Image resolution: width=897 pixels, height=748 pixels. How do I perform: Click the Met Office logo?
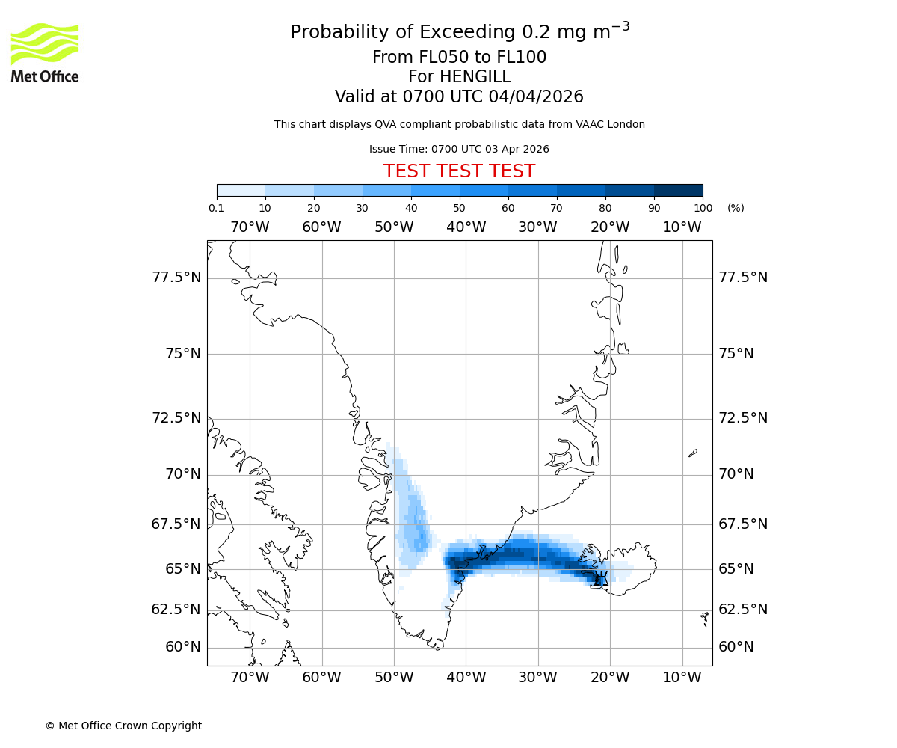click(x=45, y=52)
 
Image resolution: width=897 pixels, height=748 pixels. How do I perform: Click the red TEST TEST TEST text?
click(x=459, y=171)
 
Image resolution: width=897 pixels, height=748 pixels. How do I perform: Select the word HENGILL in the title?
click(x=474, y=77)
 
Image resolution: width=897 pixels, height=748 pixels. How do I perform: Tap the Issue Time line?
click(x=459, y=149)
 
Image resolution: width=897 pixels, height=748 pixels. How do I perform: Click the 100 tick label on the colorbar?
click(x=703, y=208)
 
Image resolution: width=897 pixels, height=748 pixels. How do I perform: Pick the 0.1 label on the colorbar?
click(x=216, y=208)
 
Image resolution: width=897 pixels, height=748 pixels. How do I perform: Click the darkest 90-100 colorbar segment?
click(x=678, y=190)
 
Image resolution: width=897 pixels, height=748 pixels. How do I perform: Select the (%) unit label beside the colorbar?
click(x=736, y=208)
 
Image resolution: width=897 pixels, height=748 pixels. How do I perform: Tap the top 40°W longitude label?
click(x=466, y=227)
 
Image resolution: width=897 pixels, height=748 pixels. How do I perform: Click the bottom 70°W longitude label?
click(x=250, y=678)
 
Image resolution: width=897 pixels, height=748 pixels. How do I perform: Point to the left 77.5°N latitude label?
click(x=176, y=278)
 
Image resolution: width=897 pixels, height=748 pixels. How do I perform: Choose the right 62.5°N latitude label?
click(x=743, y=610)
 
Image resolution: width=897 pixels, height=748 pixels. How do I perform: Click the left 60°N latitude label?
click(x=182, y=647)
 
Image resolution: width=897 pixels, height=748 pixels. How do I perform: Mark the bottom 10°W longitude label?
click(x=682, y=678)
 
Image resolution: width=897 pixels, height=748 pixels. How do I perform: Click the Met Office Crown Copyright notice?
click(x=123, y=726)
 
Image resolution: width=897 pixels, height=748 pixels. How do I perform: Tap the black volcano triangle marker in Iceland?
click(x=601, y=580)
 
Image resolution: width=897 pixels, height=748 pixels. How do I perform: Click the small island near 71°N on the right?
click(x=693, y=453)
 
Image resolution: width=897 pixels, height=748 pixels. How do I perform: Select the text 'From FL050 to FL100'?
click(x=459, y=58)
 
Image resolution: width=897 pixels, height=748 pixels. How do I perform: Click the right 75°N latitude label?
click(x=736, y=354)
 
